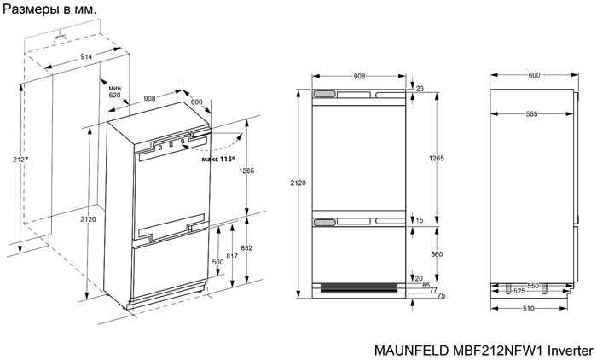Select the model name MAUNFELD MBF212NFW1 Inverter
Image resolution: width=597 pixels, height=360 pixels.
(483, 350)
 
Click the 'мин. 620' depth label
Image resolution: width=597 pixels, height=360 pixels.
(115, 91)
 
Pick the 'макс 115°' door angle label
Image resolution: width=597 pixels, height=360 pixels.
(218, 159)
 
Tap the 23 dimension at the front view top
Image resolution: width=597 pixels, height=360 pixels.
(419, 87)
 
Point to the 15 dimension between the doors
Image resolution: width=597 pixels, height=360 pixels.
(420, 221)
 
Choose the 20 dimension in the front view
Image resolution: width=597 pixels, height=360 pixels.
(419, 277)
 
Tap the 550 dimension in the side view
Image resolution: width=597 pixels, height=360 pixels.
(533, 284)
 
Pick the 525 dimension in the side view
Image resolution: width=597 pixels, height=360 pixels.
(519, 291)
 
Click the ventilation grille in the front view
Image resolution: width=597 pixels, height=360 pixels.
(356, 287)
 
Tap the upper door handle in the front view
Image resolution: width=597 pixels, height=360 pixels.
(325, 94)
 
